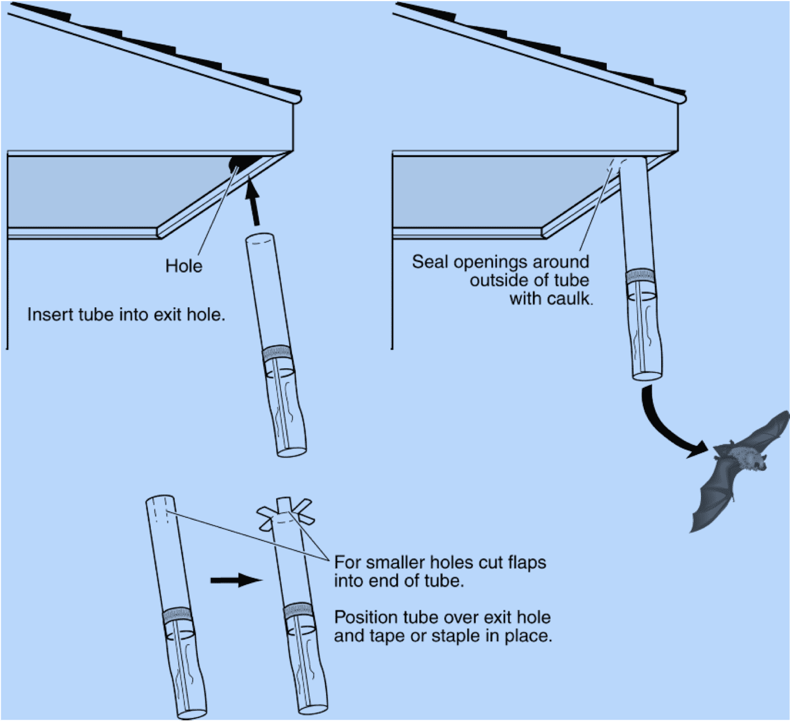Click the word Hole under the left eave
click(x=184, y=266)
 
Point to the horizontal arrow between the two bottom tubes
click(x=236, y=580)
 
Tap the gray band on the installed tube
click(x=639, y=275)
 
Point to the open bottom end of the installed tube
click(x=648, y=375)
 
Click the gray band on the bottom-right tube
click(x=298, y=611)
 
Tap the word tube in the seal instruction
click(x=573, y=280)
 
